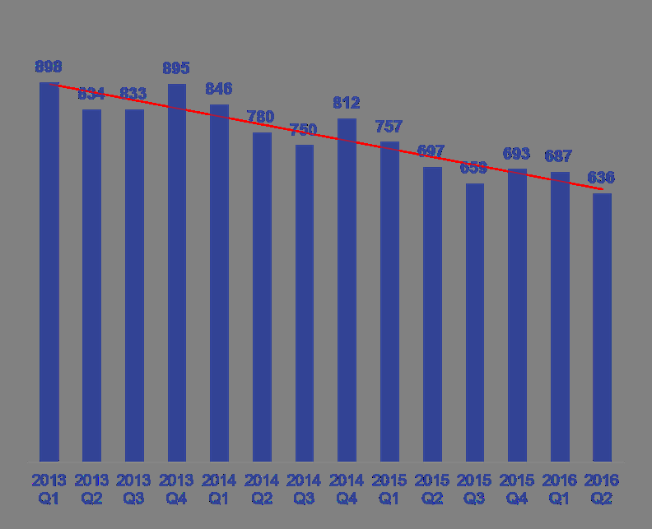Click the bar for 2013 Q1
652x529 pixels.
click(49, 271)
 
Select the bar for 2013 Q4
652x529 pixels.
click(177, 271)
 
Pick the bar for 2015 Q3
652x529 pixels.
click(475, 322)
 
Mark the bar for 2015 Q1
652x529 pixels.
click(389, 301)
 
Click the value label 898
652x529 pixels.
click(49, 67)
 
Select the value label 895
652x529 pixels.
click(176, 68)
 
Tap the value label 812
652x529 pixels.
click(347, 103)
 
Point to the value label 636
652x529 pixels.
click(602, 178)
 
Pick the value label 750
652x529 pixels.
click(304, 130)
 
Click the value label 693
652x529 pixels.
click(516, 154)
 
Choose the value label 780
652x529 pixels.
click(261, 118)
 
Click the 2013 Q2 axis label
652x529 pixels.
click(91, 489)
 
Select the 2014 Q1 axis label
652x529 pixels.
click(219, 489)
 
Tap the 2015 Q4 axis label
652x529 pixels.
click(517, 489)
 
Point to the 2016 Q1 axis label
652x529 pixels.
click(560, 489)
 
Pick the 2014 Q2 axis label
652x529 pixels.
click(262, 489)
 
